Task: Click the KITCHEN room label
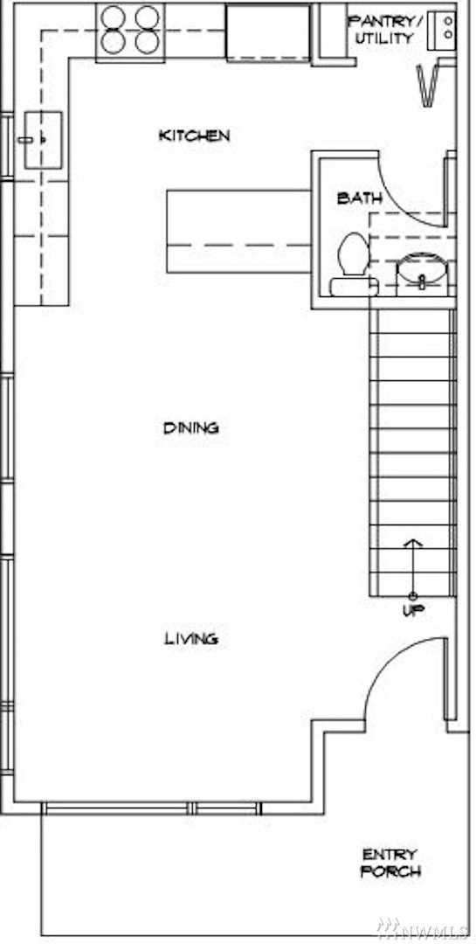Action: click(x=194, y=135)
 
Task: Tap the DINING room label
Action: click(x=190, y=428)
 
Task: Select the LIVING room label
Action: click(x=191, y=639)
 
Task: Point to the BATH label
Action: click(x=359, y=198)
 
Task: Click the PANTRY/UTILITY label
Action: click(x=383, y=30)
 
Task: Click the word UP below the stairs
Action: click(x=413, y=610)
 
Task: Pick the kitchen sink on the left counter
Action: click(x=43, y=140)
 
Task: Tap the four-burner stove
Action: click(x=130, y=31)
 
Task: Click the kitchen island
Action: click(x=238, y=231)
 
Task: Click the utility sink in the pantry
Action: click(x=442, y=30)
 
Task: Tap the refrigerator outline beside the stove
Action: click(x=268, y=32)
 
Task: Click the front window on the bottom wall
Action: click(x=152, y=808)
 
